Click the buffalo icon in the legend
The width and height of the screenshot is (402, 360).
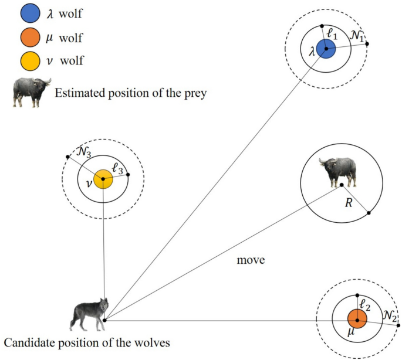[30, 91]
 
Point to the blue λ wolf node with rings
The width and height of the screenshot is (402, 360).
[326, 49]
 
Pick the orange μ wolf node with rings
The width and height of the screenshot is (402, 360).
[357, 320]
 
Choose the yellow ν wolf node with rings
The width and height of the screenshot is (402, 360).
[103, 179]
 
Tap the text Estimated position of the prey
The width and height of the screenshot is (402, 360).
[130, 93]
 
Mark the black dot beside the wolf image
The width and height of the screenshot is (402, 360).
[104, 320]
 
